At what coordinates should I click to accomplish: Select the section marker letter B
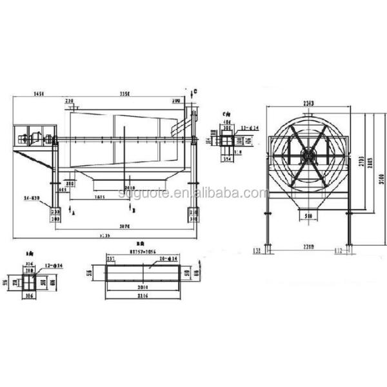click(133, 210)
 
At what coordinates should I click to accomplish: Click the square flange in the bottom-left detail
click(28, 281)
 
